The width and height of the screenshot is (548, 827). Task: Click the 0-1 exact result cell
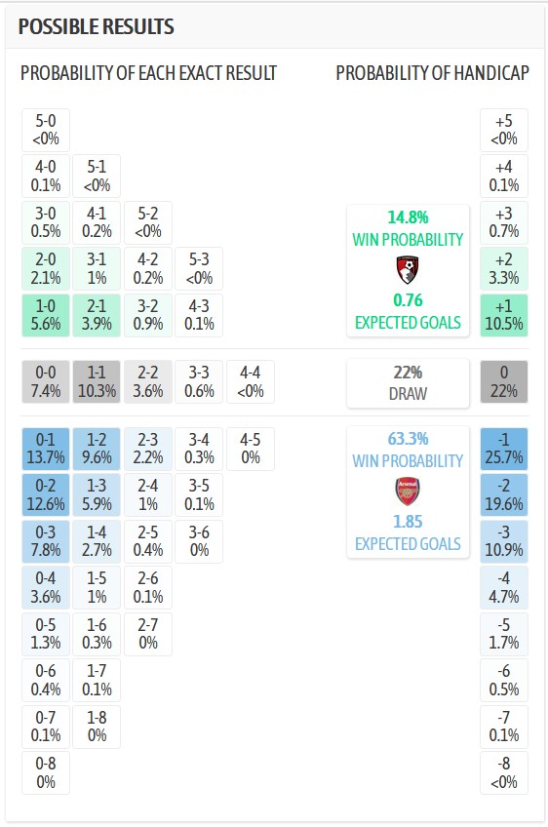click(46, 450)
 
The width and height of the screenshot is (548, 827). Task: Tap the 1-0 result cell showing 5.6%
click(46, 316)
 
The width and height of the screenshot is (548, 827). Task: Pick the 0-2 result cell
click(46, 496)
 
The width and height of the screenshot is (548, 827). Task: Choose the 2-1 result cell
click(97, 316)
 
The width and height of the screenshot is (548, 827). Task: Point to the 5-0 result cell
click(46, 131)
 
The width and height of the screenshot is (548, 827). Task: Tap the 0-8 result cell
click(46, 772)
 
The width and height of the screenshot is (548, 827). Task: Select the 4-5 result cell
click(251, 450)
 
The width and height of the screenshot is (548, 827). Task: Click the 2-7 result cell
click(148, 634)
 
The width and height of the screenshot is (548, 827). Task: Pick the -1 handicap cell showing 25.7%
click(504, 450)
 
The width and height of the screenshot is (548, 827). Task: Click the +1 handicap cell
click(504, 316)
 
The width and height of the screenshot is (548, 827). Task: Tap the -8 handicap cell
click(504, 772)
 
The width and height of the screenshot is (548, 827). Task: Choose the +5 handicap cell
click(504, 131)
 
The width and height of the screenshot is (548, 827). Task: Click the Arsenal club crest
click(408, 491)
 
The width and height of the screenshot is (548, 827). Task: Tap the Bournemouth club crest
click(408, 268)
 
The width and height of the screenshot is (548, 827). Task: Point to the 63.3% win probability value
click(408, 440)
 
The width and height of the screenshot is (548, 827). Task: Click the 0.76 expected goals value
click(408, 300)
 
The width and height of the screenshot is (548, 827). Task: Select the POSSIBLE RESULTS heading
click(97, 26)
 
